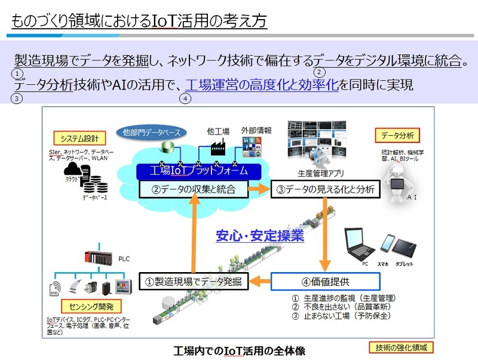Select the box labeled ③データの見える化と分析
325,190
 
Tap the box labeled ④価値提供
325,281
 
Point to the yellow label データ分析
398,135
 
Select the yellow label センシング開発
79,307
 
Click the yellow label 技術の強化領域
400,347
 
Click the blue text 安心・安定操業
260,236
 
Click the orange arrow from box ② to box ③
259,190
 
